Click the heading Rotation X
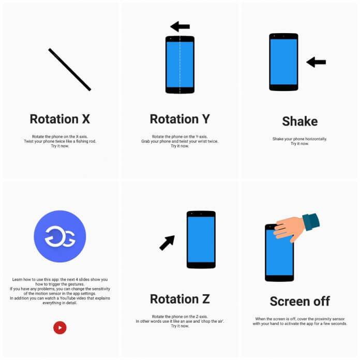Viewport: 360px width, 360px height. tap(60, 119)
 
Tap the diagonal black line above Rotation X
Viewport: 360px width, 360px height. tap(70, 69)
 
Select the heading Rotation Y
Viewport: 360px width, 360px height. tap(179, 119)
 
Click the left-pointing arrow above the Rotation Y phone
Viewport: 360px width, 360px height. tap(180, 26)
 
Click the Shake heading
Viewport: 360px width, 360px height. tap(300, 122)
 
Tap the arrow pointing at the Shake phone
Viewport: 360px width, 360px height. tap(316, 62)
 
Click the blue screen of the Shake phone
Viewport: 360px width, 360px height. tap(283, 62)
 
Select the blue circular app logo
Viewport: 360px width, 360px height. tap(60, 236)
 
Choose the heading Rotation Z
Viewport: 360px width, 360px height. tap(179, 299)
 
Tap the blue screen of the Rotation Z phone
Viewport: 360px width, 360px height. tap(201, 239)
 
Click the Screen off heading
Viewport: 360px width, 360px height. tap(299, 301)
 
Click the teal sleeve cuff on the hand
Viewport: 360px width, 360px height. tap(311, 221)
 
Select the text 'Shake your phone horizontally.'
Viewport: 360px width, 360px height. tap(300, 139)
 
